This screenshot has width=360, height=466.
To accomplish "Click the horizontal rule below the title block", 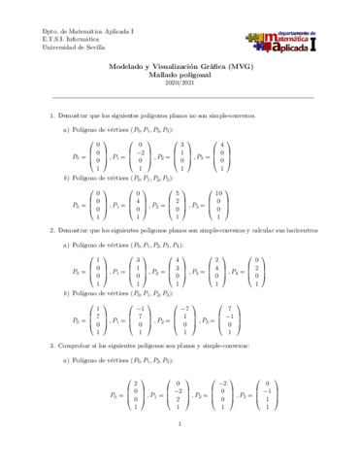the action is (180, 97).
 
